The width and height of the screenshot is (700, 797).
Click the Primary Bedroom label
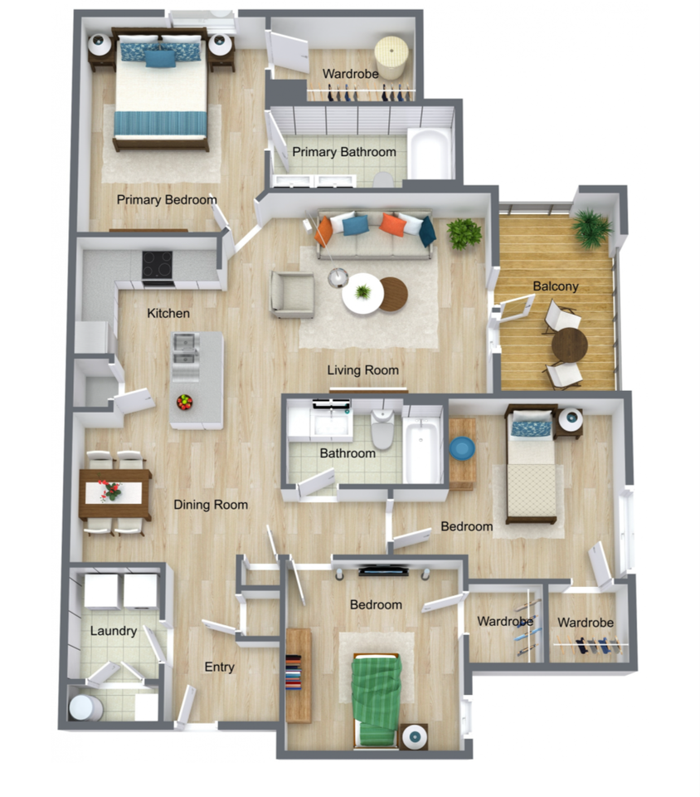166,200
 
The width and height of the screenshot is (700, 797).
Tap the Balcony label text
556,286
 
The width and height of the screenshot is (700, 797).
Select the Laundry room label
113,631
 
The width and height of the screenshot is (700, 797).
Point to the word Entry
219,667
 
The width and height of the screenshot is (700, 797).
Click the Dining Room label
210,504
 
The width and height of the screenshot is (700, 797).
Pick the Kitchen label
168,313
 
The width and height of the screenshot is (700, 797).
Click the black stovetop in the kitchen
157,266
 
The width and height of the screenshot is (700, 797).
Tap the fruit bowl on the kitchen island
184,402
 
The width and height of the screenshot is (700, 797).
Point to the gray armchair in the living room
292,295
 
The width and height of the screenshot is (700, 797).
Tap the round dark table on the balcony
570,345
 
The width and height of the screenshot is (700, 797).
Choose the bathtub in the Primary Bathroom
430,154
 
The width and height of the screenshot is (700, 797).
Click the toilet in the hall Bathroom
382,430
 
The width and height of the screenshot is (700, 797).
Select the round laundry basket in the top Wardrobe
391,57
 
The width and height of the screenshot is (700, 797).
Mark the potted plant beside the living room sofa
464,233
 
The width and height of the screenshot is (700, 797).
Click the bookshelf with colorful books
299,673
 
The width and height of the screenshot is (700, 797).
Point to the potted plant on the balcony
592,227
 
